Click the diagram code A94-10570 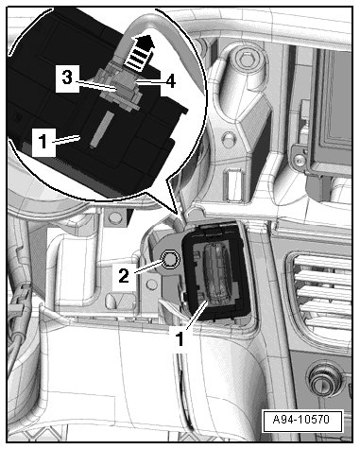coord(301,420)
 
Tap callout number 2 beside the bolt coord(124,276)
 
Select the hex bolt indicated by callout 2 coord(170,260)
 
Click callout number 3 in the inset coord(67,78)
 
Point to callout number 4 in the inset coord(170,81)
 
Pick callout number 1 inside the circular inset coord(43,141)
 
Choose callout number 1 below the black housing coord(180,339)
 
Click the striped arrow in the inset coord(139,51)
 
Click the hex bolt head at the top coord(247,59)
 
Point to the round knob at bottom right coord(324,379)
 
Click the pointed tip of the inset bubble coord(179,214)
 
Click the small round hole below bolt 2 coord(152,285)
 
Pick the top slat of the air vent coord(322,263)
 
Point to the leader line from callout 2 coord(148,267)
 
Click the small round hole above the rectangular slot coord(228,138)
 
